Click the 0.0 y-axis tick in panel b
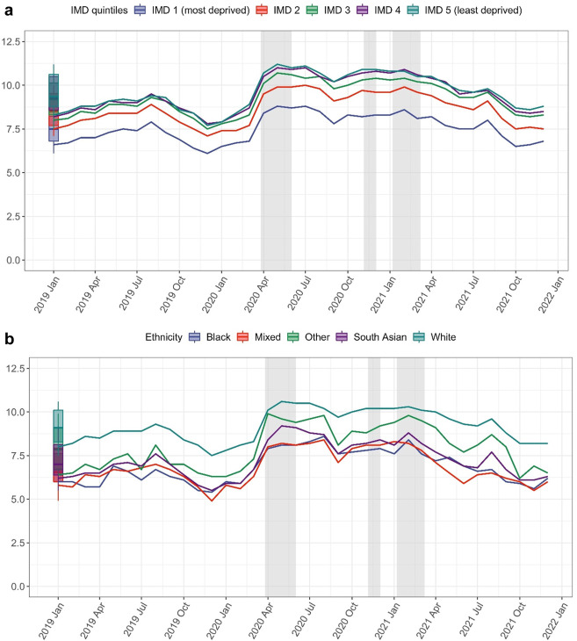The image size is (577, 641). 15,587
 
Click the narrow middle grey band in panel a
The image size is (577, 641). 370,149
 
